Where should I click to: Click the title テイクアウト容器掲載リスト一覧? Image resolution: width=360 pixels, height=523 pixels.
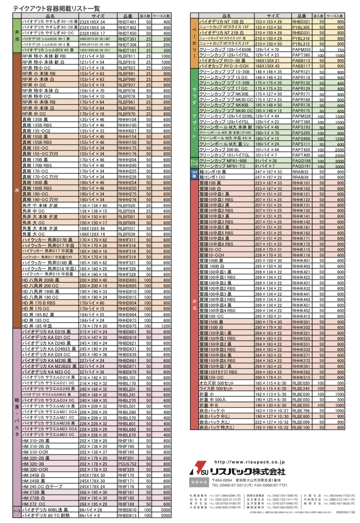pos(56,9)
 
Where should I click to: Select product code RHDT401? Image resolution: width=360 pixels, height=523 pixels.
pos(127,22)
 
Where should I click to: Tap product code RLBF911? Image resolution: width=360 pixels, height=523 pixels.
pos(126,56)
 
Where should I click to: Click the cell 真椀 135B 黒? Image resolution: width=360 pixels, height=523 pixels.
pos(35,119)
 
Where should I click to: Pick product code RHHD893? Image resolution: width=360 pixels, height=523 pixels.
pos(127,280)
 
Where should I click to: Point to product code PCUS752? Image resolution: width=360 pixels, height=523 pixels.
pos(127,464)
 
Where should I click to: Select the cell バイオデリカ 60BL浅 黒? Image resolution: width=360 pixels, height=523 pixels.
pos(45,510)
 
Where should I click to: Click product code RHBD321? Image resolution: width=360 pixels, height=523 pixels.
pos(301,22)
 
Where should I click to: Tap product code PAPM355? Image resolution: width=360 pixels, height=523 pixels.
pos(301,49)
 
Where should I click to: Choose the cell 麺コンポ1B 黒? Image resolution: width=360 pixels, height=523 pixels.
pos(213,172)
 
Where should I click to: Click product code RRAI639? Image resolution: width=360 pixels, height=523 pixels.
pos(300,177)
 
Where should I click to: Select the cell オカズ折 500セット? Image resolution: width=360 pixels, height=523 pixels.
pos(216,383)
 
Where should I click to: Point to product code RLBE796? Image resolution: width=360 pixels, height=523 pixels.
pos(301,411)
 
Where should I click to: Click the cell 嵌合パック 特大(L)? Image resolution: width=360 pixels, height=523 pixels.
pos(217,427)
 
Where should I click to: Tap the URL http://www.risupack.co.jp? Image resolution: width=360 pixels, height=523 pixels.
pos(249,462)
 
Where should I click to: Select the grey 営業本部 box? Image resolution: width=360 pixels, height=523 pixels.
pos(199,482)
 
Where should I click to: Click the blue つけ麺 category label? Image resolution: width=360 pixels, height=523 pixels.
pos(194,174)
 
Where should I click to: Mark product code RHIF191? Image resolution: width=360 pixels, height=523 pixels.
pos(126,441)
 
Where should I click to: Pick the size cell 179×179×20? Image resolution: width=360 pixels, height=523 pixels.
pos(93,326)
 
